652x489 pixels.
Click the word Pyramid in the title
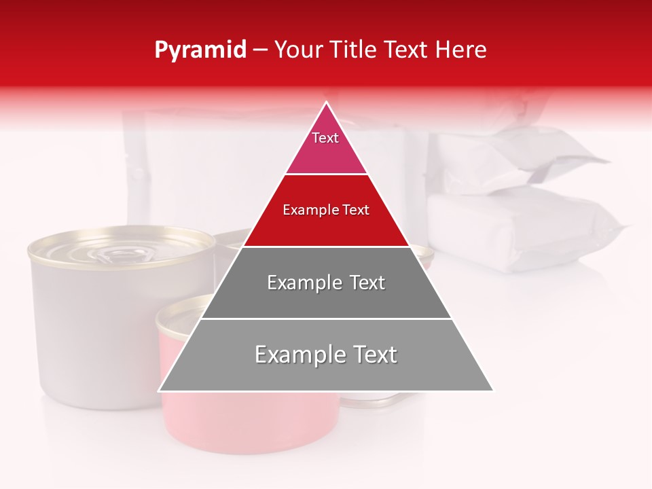click(200, 50)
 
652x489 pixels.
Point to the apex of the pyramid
click(326, 103)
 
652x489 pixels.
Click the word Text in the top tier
click(325, 138)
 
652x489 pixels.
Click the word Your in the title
click(298, 50)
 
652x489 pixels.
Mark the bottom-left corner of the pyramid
click(159, 391)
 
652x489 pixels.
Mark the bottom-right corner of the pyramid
click(493, 391)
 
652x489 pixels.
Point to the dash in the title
click(260, 50)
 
